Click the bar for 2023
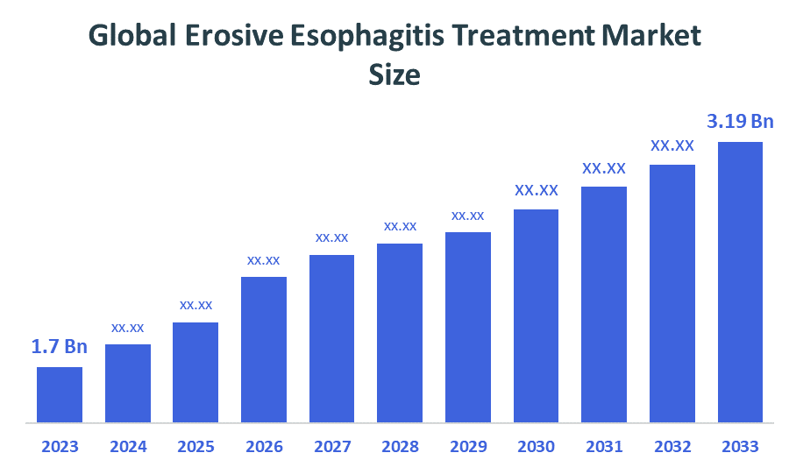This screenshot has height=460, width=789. pos(60,393)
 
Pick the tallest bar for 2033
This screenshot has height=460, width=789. pos(741,281)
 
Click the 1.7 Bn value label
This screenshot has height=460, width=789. pos(60,347)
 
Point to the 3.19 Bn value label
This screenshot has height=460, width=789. pos(741,121)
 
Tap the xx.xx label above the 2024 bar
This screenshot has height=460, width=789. pos(128,327)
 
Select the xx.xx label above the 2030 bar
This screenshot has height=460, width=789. pos(537,190)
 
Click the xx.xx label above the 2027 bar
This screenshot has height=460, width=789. pos(332,237)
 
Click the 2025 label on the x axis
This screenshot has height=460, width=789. pos(195,446)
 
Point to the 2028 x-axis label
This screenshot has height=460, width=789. pos(400,446)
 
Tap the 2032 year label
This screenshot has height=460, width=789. pos(672,446)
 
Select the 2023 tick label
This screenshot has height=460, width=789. pos(60,446)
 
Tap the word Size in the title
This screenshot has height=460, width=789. pos(394,75)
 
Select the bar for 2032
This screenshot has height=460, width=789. pos(672,293)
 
